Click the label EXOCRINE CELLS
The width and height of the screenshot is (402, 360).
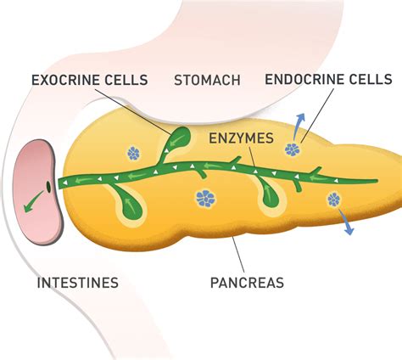pos(89,81)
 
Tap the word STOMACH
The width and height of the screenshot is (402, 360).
pos(207,81)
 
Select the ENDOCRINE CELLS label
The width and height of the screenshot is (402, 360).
pos(328,79)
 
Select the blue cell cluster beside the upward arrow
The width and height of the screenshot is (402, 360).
pos(293,149)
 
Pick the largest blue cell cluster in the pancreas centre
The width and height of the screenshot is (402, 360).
pos(205,198)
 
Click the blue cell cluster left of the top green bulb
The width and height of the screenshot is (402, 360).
pos(134,153)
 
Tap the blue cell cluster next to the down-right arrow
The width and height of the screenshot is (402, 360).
pos(332,200)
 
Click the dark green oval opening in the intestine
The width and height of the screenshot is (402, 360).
pos(48,185)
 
